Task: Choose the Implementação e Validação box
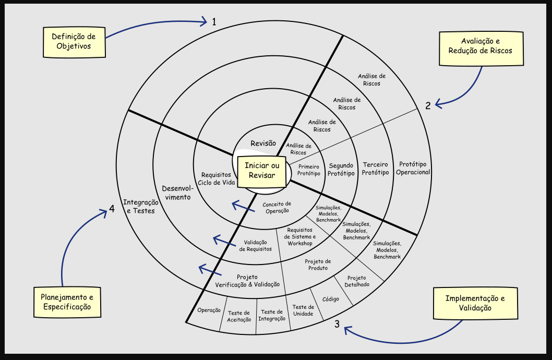475,303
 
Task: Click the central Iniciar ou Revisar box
262,170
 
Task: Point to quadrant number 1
214,21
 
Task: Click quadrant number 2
427,105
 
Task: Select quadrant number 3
337,324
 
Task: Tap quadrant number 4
112,209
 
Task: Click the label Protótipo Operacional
413,168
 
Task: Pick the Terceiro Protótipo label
376,169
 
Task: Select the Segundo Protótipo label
341,170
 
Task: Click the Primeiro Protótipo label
309,170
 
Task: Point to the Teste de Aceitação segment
239,316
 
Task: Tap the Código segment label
331,299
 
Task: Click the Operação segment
209,310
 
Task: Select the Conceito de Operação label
277,207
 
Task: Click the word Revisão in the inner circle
263,143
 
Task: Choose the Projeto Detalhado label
357,281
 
